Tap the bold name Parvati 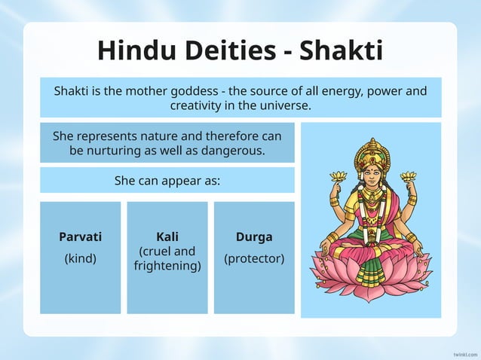click(x=80, y=237)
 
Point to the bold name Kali click(x=167, y=236)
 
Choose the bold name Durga click(x=254, y=237)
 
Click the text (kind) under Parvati click(x=80, y=258)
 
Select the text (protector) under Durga click(x=254, y=258)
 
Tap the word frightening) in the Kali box click(x=167, y=266)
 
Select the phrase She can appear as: click(x=167, y=181)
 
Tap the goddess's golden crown click(x=372, y=154)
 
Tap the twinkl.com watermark click(x=464, y=353)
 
